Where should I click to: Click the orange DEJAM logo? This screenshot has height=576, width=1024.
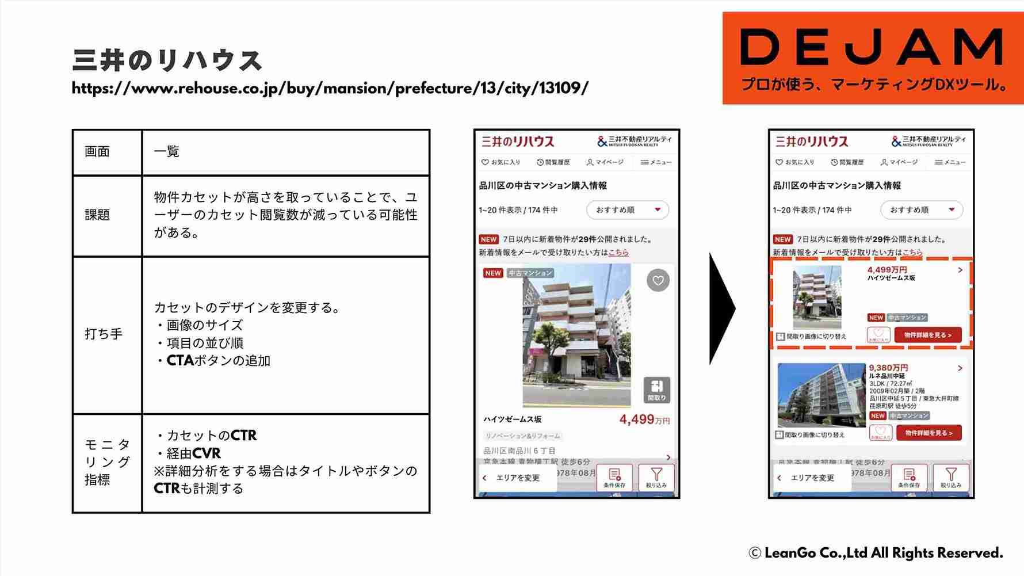[x=873, y=58]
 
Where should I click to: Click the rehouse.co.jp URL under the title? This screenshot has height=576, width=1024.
[x=330, y=89]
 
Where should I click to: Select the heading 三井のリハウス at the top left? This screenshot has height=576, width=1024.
[x=167, y=60]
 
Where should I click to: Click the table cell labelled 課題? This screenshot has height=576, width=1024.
[x=107, y=215]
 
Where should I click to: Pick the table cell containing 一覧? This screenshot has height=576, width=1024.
[x=285, y=152]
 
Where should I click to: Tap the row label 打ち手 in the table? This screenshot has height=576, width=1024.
[x=107, y=334]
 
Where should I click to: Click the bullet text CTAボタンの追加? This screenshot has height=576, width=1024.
[x=218, y=361]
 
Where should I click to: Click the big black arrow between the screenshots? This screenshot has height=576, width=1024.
[x=722, y=308]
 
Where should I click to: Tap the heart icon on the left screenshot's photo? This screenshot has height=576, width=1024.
[x=658, y=281]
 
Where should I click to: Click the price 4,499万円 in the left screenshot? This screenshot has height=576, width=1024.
[x=644, y=419]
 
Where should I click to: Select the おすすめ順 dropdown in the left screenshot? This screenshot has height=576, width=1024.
[x=627, y=210]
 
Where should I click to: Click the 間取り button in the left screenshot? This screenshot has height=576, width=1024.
[x=656, y=390]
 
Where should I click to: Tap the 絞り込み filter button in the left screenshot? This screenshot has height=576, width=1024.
[x=656, y=478]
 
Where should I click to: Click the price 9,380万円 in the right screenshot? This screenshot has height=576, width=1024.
[x=888, y=368]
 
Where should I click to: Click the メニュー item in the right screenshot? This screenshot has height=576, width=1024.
[x=950, y=162]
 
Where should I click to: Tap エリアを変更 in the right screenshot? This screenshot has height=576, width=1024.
[x=811, y=478]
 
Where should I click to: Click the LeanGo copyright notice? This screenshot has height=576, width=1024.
[x=876, y=553]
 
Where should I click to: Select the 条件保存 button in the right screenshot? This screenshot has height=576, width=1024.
[x=908, y=478]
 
